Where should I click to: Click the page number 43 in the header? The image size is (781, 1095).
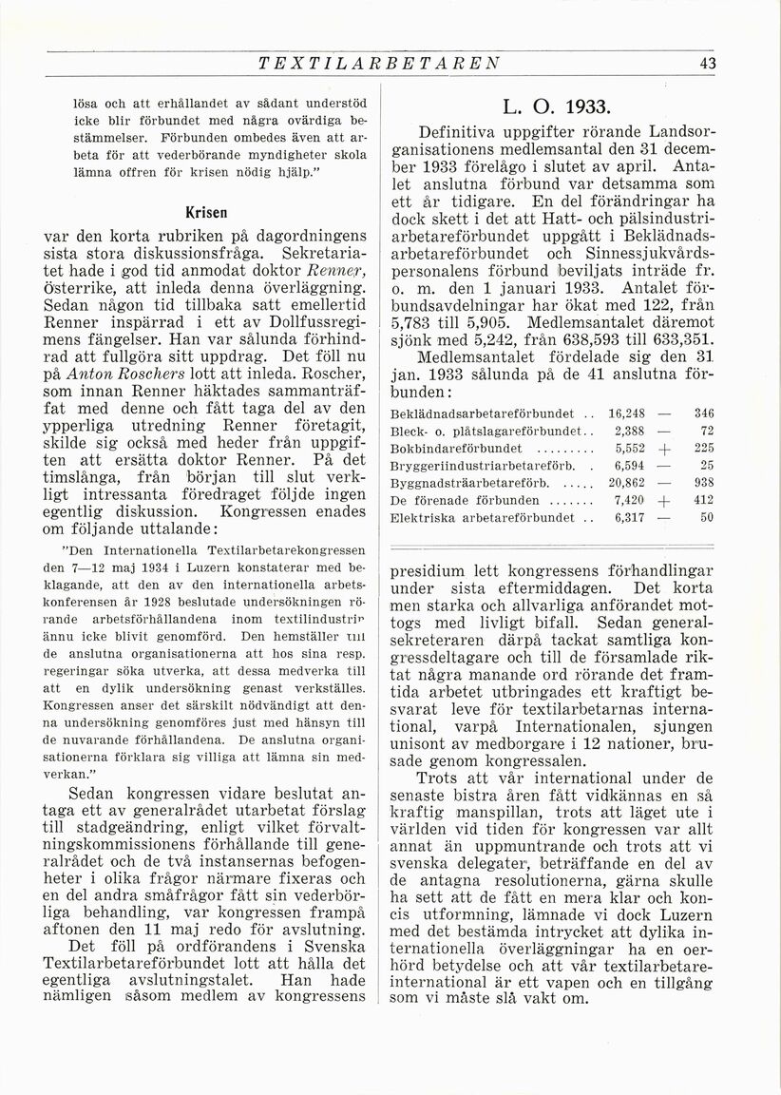(x=706, y=65)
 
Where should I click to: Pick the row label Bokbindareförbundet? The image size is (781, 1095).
(x=457, y=448)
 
